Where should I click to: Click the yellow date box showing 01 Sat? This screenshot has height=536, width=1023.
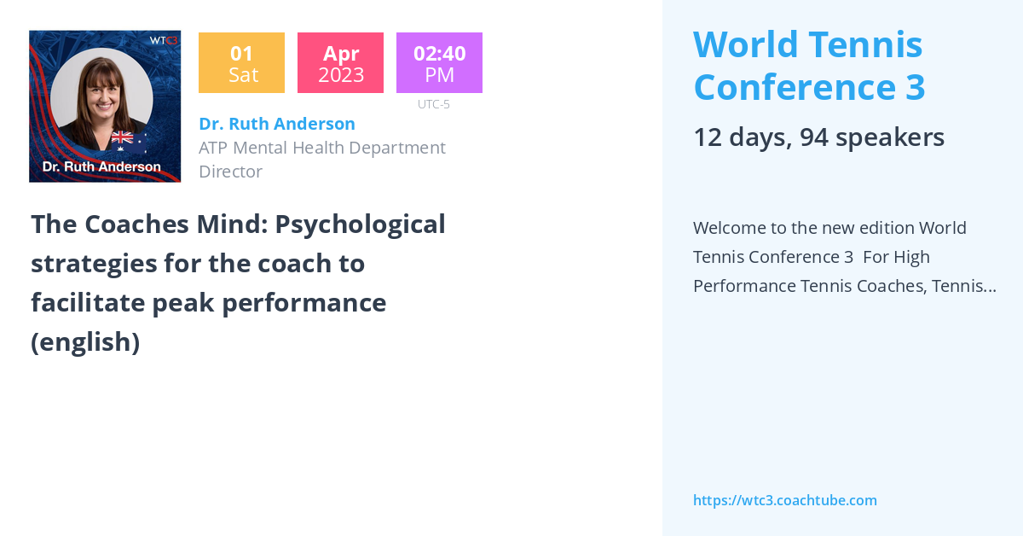(x=241, y=63)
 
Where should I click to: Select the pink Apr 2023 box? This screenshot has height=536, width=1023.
(x=340, y=63)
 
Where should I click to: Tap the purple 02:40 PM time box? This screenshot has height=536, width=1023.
(x=439, y=63)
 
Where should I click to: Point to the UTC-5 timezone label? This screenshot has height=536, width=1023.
(x=433, y=104)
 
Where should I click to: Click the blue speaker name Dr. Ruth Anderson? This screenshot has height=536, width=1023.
(x=276, y=124)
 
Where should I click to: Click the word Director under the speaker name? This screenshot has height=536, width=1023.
(x=230, y=172)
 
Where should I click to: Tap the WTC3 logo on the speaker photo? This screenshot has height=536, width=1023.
(x=164, y=40)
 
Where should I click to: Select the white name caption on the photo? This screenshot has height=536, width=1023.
(x=101, y=166)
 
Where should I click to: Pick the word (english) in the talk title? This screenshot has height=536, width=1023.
(x=85, y=341)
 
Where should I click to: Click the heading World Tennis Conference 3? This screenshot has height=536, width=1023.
(x=808, y=65)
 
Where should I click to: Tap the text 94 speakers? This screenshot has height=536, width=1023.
(x=871, y=137)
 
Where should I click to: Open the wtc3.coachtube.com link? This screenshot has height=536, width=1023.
(x=784, y=500)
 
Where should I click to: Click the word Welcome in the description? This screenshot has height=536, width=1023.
(x=733, y=228)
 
